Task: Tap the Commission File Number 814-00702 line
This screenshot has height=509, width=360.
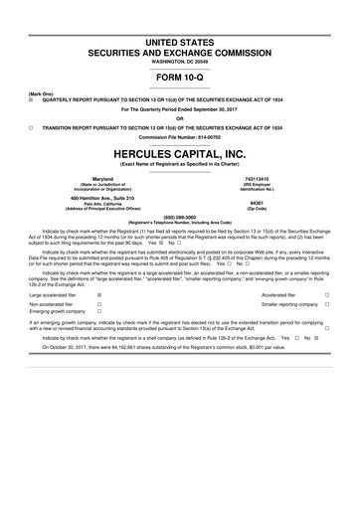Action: (180, 137)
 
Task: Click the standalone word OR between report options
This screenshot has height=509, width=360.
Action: (180, 118)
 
